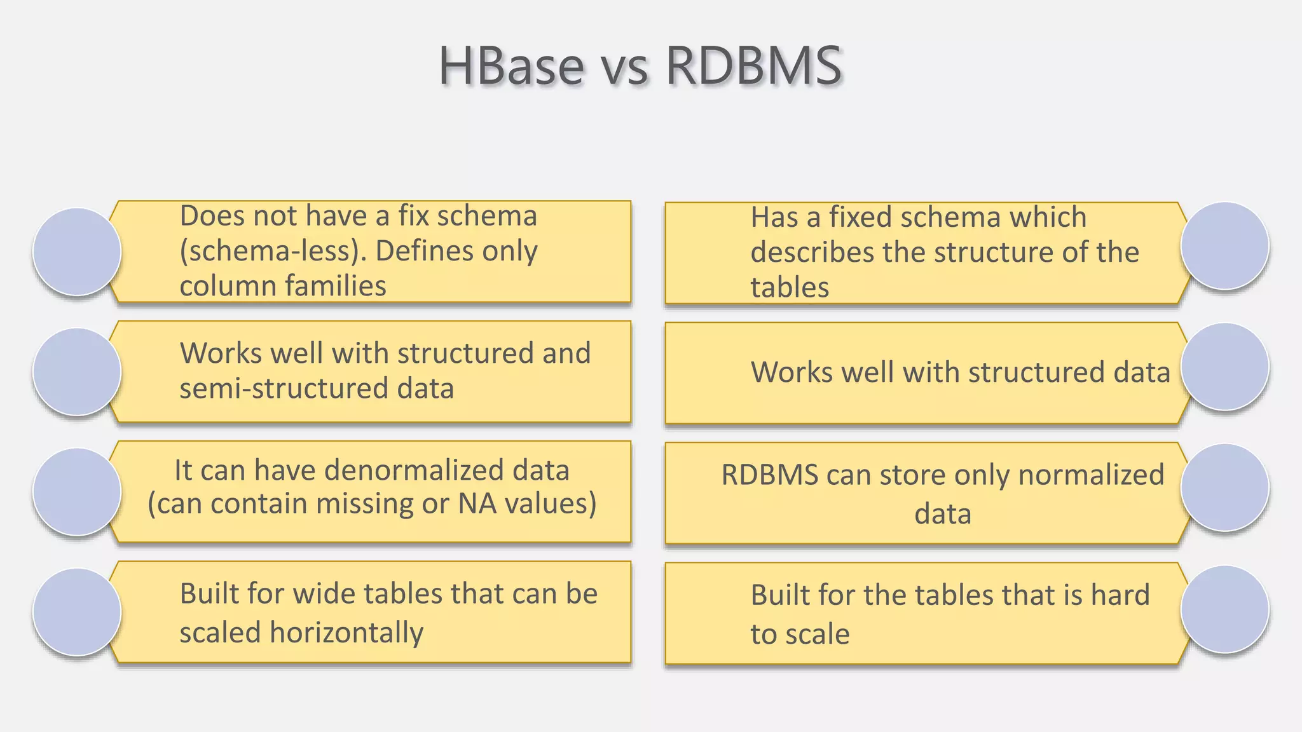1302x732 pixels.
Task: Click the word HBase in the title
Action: pos(511,66)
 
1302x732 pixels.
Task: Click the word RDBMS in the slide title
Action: pos(754,66)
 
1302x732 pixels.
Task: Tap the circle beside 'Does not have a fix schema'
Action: pos(77,252)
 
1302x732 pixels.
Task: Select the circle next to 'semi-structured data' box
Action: pos(77,372)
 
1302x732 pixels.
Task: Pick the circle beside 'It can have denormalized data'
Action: pos(77,492)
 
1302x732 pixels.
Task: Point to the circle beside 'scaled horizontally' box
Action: pos(77,612)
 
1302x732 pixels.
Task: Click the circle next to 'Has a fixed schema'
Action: pos(1224,246)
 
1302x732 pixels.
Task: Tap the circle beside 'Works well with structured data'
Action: pos(1224,367)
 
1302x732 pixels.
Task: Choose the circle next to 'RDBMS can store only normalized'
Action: pos(1224,487)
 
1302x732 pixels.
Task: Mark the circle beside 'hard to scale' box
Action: pos(1224,609)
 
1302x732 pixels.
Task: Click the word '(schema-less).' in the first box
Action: pos(273,252)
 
